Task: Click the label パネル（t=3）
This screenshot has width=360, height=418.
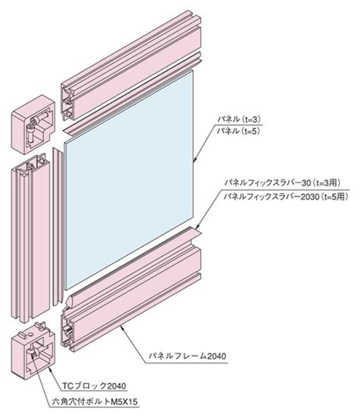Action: point(238,119)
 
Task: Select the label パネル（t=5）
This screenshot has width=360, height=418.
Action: point(238,131)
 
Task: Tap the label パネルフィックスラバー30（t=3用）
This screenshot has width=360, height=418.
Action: point(283,183)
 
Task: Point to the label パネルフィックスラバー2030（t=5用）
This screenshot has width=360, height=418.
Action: point(286,197)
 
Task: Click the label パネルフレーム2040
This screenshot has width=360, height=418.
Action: point(188,356)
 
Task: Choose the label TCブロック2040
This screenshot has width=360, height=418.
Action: point(94,386)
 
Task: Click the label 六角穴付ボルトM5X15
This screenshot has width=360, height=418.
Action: point(95,401)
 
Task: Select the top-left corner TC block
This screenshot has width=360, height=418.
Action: point(33,124)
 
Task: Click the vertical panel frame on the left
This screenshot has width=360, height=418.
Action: point(30,237)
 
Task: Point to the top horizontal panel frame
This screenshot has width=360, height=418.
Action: point(131,65)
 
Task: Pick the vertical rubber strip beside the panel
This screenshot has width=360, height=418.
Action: point(58,226)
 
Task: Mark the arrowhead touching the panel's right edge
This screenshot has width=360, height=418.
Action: point(195,159)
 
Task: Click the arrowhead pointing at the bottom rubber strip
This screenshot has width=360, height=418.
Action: point(198,226)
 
